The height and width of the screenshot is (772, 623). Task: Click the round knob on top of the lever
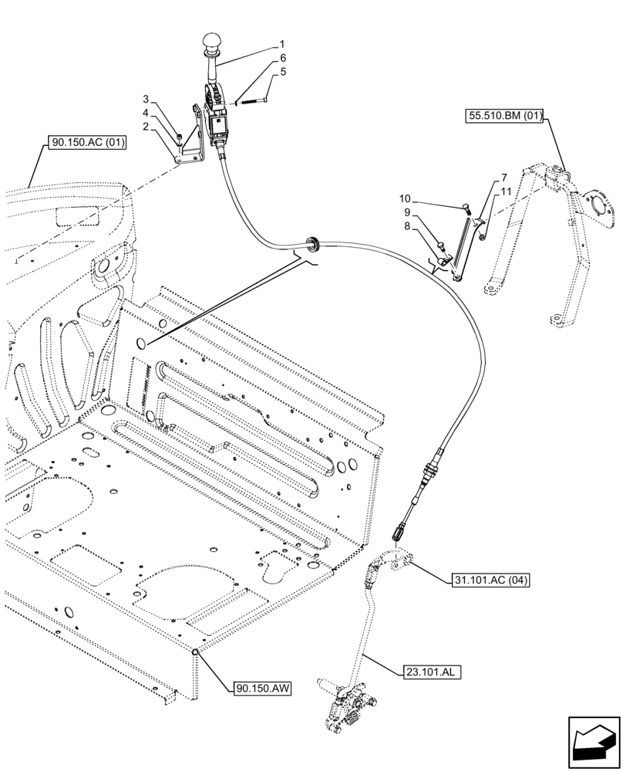[213, 41]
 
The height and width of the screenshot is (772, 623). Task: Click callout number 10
[427, 198]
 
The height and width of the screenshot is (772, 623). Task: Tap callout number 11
[505, 191]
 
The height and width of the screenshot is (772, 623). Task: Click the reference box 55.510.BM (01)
[506, 117]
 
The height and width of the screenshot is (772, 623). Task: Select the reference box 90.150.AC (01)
[87, 143]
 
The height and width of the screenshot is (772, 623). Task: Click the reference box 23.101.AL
[430, 672]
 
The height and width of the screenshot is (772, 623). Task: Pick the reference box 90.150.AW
[261, 686]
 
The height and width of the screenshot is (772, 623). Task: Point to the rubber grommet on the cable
[312, 244]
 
